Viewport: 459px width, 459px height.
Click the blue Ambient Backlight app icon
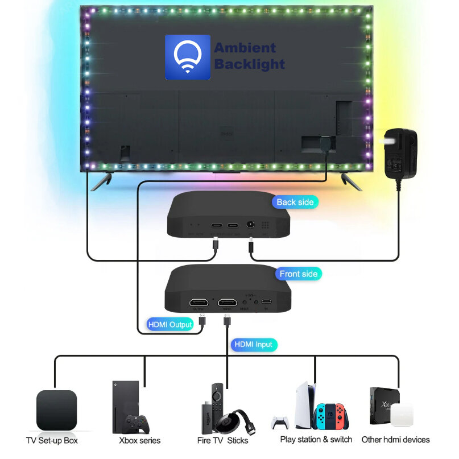(x=187, y=57)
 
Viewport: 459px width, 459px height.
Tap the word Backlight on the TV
(x=249, y=64)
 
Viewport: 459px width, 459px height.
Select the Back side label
(x=295, y=202)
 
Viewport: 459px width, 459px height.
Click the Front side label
(x=299, y=274)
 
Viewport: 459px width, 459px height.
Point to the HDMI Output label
(x=170, y=324)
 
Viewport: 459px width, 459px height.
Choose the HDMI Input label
(x=254, y=344)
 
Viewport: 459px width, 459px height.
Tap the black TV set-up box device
(x=57, y=410)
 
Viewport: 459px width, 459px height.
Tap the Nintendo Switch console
(x=332, y=416)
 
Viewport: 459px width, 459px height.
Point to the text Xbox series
(x=140, y=440)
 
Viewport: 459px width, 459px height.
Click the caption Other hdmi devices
(x=395, y=440)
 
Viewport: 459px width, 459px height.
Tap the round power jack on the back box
(x=250, y=226)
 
